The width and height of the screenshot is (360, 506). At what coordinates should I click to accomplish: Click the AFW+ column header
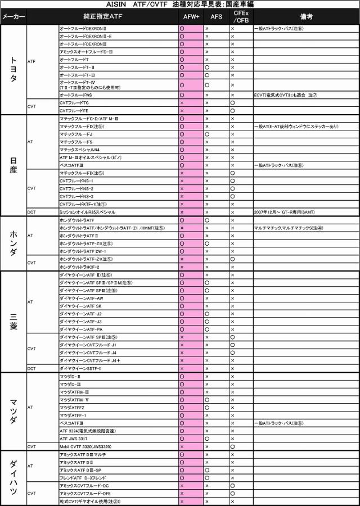[x=191, y=17]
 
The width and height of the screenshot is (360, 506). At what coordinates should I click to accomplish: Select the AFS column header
[x=216, y=17]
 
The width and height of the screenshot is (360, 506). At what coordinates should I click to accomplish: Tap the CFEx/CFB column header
[x=241, y=17]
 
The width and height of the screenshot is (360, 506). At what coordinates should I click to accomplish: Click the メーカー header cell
[x=13, y=17]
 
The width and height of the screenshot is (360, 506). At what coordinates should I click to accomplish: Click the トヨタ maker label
[x=13, y=70]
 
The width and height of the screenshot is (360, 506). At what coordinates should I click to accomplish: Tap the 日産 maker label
[x=13, y=165]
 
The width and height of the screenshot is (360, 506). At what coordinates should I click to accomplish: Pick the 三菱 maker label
[x=13, y=322]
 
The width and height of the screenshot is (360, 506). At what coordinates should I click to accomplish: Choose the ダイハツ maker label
[x=13, y=477]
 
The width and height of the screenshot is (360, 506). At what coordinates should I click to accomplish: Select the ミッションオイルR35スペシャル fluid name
[x=87, y=212]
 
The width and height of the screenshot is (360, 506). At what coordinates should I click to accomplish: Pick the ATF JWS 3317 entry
[x=73, y=439]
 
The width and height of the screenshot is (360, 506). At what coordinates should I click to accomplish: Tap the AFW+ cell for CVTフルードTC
[x=182, y=103]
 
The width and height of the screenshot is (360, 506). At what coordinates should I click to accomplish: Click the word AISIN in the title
[x=118, y=4]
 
